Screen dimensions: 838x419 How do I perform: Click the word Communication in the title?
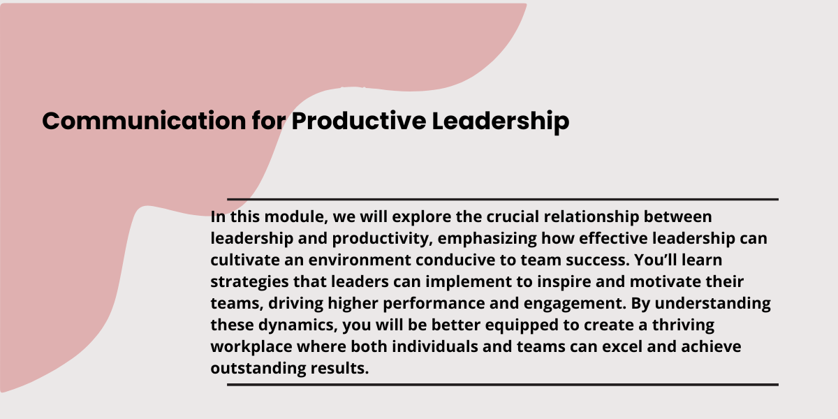click(x=144, y=121)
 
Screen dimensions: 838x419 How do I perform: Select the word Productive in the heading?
click(x=359, y=121)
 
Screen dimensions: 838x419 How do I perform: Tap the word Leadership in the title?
click(x=501, y=122)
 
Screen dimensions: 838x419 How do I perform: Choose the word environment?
click(x=360, y=260)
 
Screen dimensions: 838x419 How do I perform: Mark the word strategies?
click(x=249, y=282)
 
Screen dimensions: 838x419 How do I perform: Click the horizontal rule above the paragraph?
click(x=503, y=200)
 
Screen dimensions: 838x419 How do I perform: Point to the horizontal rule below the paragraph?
click(x=503, y=385)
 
